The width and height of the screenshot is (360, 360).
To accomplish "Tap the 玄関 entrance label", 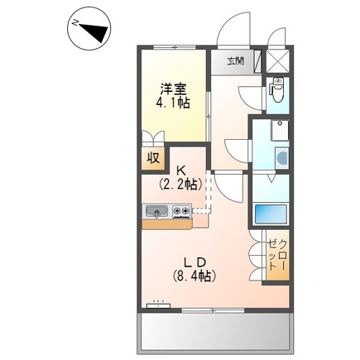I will click(x=237, y=61).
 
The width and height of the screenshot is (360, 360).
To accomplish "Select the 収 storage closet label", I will click(x=153, y=157).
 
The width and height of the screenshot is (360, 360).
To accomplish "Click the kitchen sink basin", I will click(x=157, y=212).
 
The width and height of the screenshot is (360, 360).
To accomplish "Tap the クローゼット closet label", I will click(x=277, y=257).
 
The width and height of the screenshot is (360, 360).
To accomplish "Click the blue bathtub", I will click(x=271, y=213).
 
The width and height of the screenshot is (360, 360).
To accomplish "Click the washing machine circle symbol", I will click(x=282, y=156).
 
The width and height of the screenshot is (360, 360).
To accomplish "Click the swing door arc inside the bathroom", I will click(x=262, y=184).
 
